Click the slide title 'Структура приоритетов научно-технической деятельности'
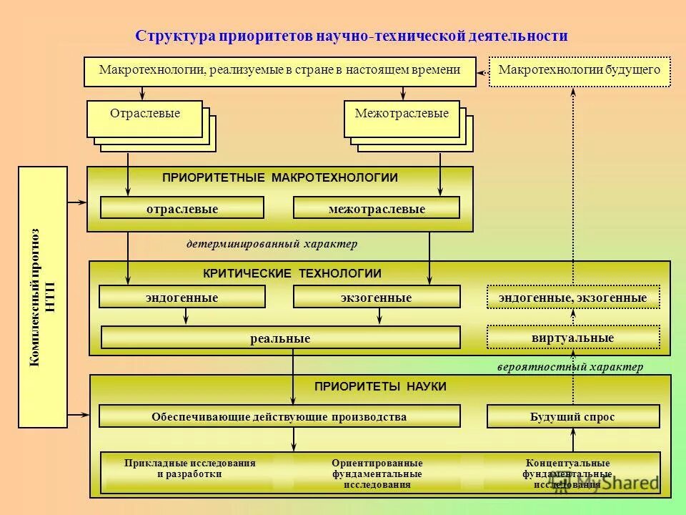coord(352,36)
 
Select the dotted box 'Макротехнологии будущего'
coord(580,71)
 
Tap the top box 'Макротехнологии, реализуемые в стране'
coord(279,71)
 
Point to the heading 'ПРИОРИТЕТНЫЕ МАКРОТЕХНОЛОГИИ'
coord(279,177)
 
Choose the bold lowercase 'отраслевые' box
coord(182,208)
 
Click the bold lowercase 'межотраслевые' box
coord(377,208)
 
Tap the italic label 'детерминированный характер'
coord(272,244)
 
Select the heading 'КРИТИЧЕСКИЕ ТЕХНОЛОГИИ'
coord(292,273)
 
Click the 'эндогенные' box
coord(182,297)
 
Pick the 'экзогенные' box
coord(377,297)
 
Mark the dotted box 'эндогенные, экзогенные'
coord(572,297)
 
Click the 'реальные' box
coord(280,338)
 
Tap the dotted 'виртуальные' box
coord(572,337)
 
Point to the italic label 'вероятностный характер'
coord(570,367)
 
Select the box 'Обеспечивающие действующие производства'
coord(279,416)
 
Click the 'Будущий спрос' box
coord(572,416)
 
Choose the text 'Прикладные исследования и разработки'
coord(189,469)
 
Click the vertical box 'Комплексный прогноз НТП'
coord(42,297)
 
